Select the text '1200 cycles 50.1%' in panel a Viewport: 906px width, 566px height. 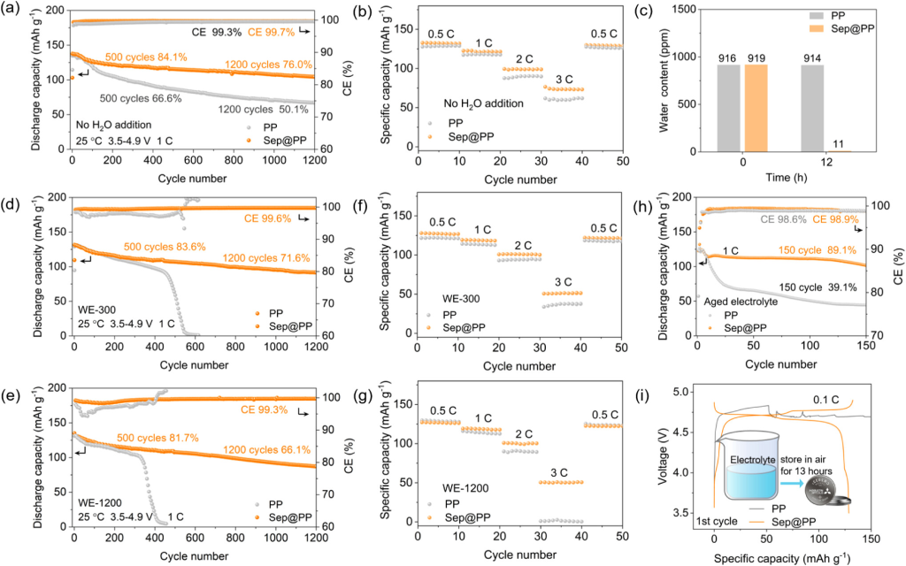pos(262,110)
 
